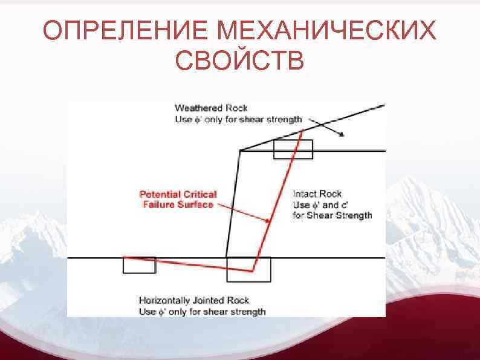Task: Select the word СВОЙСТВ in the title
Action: (239, 61)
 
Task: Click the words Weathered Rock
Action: (211, 109)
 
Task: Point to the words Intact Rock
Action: (317, 194)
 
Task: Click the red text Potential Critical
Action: (178, 194)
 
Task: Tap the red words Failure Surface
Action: (178, 205)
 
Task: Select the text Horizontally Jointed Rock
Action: (194, 300)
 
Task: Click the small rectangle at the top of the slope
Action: (293, 149)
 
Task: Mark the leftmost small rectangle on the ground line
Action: (139, 264)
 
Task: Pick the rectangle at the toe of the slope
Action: (248, 269)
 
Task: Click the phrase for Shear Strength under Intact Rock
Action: (332, 215)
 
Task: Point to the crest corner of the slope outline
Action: (240, 150)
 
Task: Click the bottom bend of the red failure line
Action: (253, 271)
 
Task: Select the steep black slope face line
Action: (233, 206)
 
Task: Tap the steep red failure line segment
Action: (275, 206)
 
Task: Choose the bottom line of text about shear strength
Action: (202, 312)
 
